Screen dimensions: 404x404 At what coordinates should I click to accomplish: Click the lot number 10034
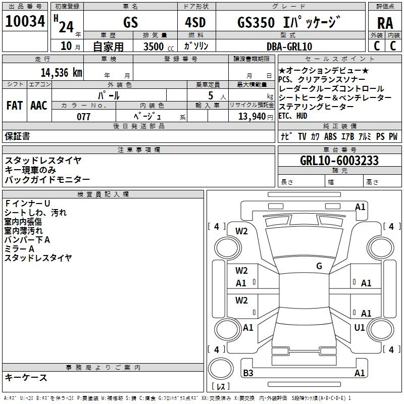pos(25,21)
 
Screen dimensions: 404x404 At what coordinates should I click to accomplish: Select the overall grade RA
pos(385,23)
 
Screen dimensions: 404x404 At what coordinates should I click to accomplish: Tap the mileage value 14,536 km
pos(61,72)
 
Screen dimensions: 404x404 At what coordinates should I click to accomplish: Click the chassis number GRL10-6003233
pos(339,161)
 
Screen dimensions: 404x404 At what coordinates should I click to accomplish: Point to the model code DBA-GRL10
pos(289,46)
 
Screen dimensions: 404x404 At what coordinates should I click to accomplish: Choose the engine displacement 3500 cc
pos(159,46)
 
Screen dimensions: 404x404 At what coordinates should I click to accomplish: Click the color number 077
pos(83,117)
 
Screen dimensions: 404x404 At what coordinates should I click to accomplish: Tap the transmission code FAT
pos(15,106)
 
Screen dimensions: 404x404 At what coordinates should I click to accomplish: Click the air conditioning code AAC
pos(39,106)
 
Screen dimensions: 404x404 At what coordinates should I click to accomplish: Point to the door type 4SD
pos(195,22)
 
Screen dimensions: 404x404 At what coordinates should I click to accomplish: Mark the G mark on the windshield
pos(319,266)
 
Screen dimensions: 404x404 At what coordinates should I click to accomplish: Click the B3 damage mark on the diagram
pos(248,373)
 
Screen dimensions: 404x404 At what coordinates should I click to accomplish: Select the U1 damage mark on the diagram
pos(360,327)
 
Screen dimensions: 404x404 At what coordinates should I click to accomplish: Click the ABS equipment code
pos(330,136)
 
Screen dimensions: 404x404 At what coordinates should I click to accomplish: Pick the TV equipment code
pos(302,136)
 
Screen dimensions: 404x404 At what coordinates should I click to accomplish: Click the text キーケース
pos(26,377)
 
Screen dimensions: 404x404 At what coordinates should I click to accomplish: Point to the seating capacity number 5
pos(211,95)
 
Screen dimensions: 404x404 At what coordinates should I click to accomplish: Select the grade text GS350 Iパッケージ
pos(289,22)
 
